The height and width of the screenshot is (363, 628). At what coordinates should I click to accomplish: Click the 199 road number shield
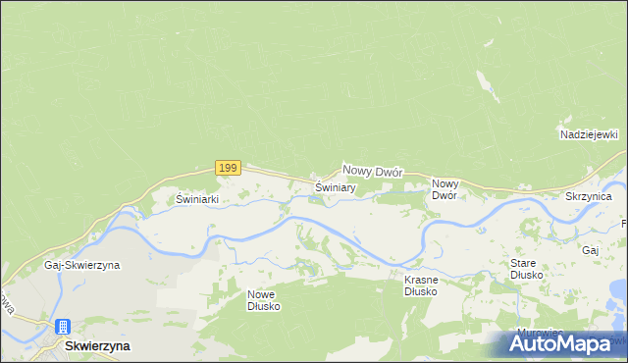coord(227,168)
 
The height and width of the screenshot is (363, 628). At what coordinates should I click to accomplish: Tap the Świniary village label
coord(335,186)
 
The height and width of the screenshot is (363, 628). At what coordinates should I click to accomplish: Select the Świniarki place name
coord(196,198)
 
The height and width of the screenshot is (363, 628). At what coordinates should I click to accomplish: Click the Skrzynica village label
coord(589,197)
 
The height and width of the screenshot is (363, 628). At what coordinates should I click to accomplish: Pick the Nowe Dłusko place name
coord(264,300)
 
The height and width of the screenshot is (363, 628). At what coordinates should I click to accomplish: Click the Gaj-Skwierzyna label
coord(81,266)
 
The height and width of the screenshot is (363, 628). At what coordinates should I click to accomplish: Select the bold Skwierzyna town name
coord(97,346)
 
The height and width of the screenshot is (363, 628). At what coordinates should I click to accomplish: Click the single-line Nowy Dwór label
coord(373,170)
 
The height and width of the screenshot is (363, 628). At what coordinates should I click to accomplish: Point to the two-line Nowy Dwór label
coord(445,189)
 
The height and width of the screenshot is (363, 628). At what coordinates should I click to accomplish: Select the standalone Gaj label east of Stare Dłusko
coord(590,250)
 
